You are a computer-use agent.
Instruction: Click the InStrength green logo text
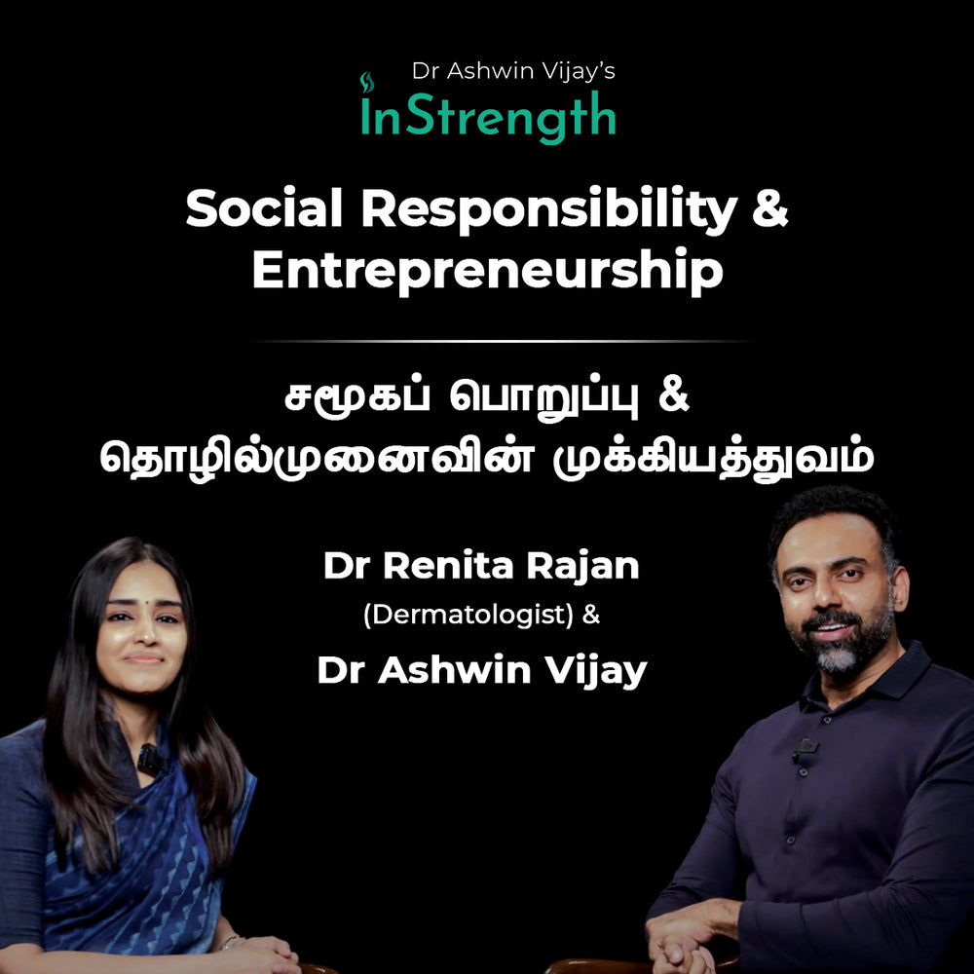[x=487, y=115]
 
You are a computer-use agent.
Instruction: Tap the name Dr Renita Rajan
[x=481, y=567]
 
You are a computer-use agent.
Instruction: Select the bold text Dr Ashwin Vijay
[x=481, y=671]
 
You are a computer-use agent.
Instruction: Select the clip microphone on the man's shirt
[x=804, y=748]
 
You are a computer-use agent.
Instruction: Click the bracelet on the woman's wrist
[x=230, y=942]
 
